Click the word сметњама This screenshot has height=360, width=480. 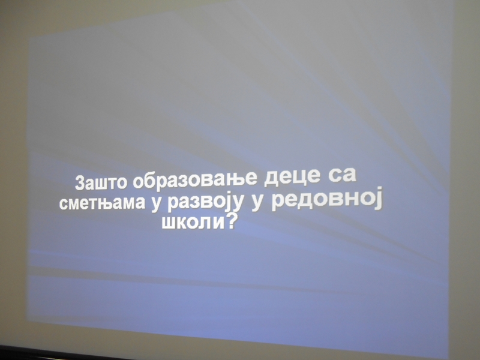coord(102,203)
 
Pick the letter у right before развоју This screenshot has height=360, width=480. coord(156,203)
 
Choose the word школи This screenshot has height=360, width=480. coord(193,223)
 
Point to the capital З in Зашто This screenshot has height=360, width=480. coord(80,183)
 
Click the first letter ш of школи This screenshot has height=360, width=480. coord(169,224)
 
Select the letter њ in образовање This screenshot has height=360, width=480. coord(232,179)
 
